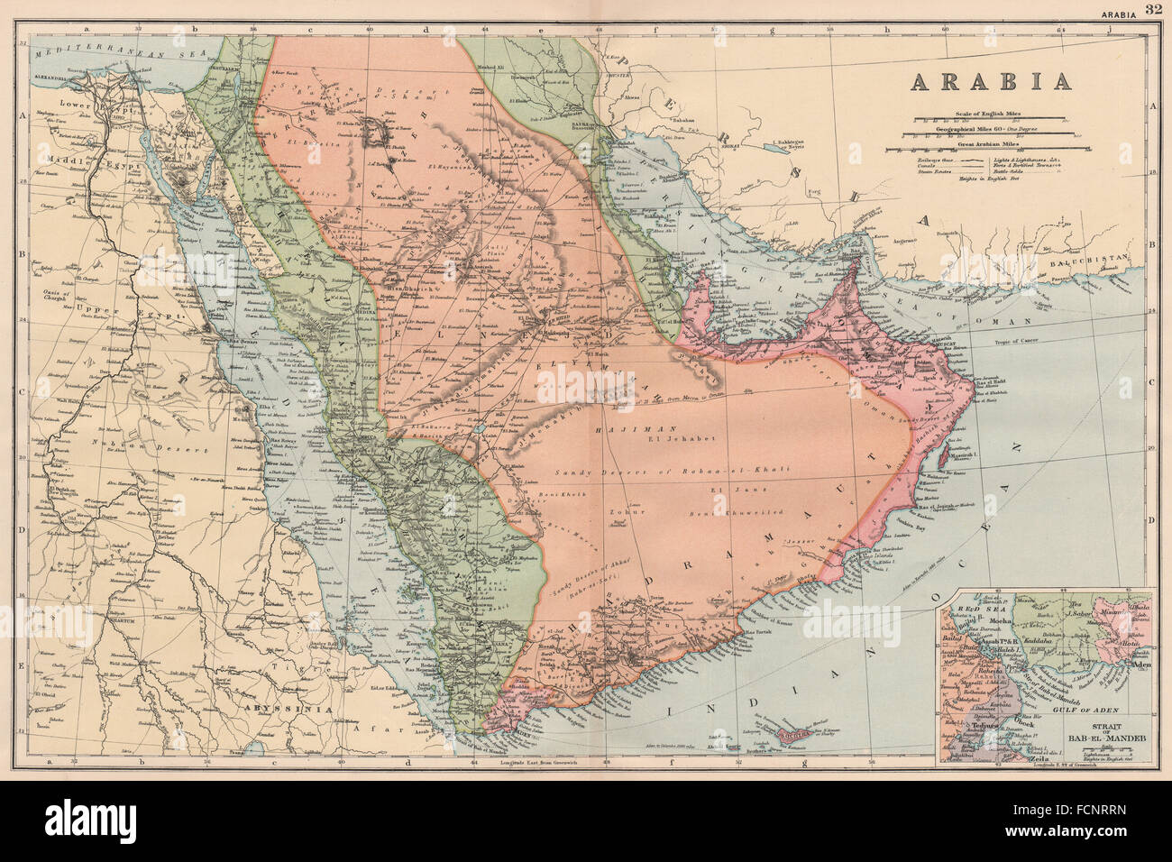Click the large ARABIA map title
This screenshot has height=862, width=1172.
tap(991, 80)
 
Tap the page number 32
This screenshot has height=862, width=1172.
tap(1154, 9)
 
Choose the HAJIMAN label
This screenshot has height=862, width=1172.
tap(624, 432)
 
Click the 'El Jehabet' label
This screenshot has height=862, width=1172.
tap(672, 442)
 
